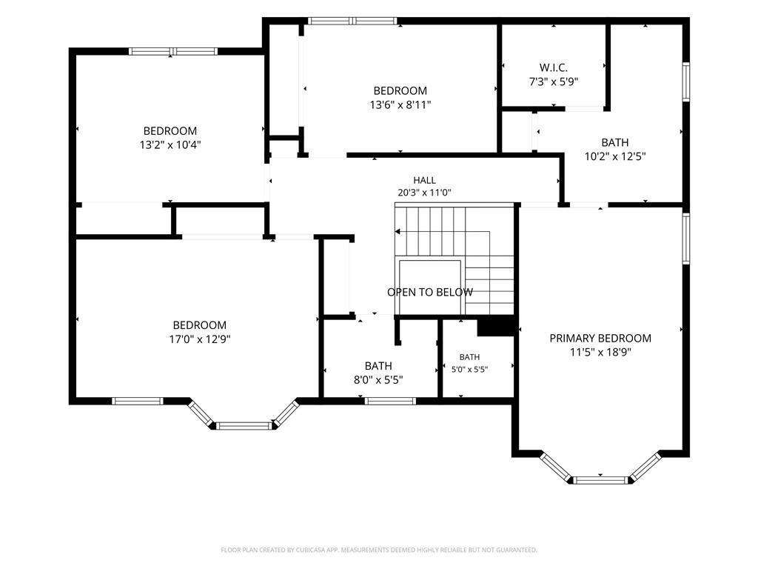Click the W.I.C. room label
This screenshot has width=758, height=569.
click(554, 67)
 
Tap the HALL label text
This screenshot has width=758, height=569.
click(424, 181)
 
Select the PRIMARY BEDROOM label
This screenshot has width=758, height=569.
click(600, 338)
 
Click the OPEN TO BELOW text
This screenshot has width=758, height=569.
click(430, 292)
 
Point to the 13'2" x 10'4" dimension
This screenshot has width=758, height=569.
click(170, 144)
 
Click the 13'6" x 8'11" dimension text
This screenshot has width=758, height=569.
click(400, 104)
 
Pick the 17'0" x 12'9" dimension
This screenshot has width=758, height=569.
click(200, 339)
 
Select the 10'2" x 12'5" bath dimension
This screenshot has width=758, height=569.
click(615, 156)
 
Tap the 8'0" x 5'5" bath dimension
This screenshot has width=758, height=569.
click(378, 380)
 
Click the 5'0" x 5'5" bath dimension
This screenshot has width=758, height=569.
click(469, 370)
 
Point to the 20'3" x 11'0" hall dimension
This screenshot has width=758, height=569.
click(424, 193)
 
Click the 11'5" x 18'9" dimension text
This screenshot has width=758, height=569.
click(600, 352)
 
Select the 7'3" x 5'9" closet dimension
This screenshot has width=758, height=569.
click(554, 81)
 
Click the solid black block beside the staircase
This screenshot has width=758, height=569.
click(495, 326)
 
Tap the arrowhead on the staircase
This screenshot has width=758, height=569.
click(398, 232)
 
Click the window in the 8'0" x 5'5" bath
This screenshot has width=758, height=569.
click(390, 401)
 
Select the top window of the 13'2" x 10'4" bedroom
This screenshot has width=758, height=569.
click(173, 51)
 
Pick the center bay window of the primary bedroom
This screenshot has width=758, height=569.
click(600, 480)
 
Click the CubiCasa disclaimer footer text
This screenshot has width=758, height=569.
click(379, 550)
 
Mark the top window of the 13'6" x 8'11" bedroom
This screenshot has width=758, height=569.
click(353, 21)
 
